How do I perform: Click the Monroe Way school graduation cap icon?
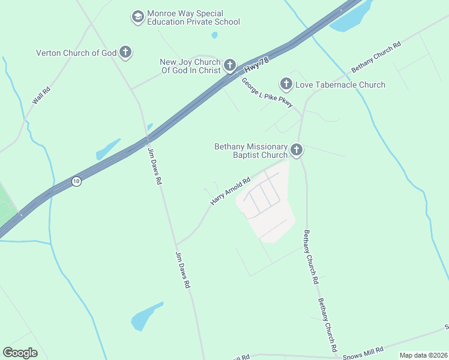(138, 17)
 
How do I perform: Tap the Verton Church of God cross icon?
(125, 53)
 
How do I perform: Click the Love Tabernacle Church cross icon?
(286, 85)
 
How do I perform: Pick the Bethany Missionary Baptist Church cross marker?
(296, 150)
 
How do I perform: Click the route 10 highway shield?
(76, 181)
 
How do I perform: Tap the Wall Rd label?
(41, 95)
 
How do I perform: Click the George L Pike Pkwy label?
(267, 93)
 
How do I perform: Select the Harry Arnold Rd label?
(230, 191)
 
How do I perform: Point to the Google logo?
(20, 353)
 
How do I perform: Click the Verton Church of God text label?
(76, 53)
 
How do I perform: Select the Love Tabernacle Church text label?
(340, 85)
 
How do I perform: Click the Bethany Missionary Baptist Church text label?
(252, 151)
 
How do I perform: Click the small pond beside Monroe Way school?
(215, 35)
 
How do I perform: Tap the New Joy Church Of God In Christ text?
(190, 66)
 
